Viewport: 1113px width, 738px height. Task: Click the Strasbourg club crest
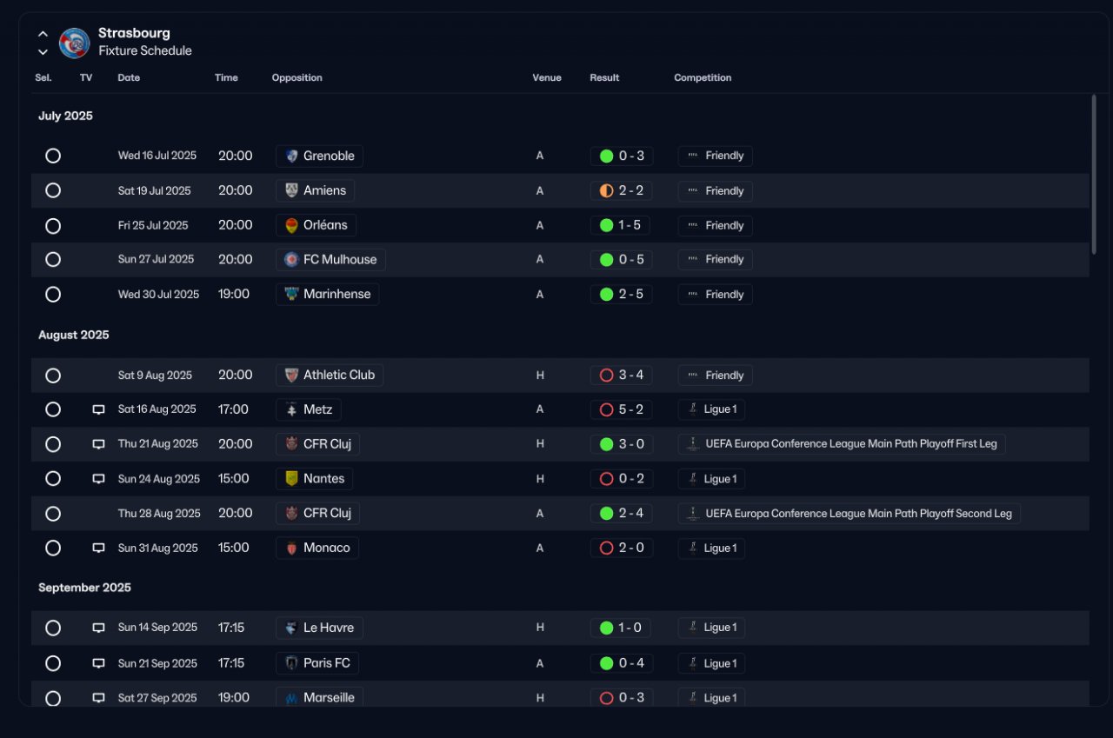tap(75, 43)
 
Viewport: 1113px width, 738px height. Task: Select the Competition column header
tap(703, 77)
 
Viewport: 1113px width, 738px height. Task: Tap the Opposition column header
tap(297, 77)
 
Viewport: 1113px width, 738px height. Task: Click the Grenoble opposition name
tap(329, 156)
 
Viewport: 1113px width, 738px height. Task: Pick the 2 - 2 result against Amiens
tap(631, 190)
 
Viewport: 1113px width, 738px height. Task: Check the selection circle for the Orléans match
tap(53, 226)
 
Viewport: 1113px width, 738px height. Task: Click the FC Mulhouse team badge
tap(291, 259)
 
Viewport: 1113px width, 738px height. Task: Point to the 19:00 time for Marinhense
tap(234, 294)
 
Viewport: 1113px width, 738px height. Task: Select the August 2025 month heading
tap(74, 335)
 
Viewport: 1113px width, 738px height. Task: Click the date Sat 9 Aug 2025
tap(155, 375)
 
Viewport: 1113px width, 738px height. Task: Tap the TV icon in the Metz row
tap(98, 409)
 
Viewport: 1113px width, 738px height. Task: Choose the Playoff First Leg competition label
tap(851, 443)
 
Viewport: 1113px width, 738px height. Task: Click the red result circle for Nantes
tap(606, 479)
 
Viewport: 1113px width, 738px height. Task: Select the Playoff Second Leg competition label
tap(858, 513)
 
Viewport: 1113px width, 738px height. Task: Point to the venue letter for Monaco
tap(540, 548)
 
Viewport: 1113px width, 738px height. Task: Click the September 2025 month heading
tap(84, 588)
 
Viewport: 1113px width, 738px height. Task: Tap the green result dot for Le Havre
tap(606, 628)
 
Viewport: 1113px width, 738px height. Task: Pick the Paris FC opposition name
tap(326, 663)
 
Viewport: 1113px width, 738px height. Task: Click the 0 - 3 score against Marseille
tap(631, 697)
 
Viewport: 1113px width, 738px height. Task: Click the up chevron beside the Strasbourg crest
tap(43, 34)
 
